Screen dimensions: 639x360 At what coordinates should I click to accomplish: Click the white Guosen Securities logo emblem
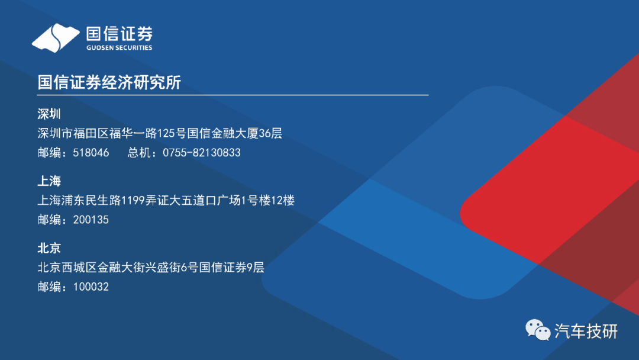coord(56,38)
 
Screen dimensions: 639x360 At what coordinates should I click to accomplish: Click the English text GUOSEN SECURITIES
coord(119,48)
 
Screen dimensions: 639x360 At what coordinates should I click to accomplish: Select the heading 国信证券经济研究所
coord(109,82)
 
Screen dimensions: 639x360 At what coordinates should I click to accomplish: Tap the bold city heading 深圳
coord(49,114)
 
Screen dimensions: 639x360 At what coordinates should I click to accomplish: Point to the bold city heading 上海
coord(49,181)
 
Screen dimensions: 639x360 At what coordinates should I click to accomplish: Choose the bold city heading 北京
coord(49,248)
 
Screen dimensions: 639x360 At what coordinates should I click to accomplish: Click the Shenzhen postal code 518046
coord(91,153)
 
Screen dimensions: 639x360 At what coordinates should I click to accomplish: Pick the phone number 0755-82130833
coord(202,153)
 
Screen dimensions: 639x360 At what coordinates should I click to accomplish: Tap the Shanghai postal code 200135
coord(91,220)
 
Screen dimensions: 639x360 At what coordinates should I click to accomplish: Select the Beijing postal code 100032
coord(91,287)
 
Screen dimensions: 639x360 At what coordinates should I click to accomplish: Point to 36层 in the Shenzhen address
coord(270,133)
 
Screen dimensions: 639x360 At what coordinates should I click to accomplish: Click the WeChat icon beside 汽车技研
coord(538,330)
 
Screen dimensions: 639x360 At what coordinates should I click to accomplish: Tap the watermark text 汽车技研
coord(586,331)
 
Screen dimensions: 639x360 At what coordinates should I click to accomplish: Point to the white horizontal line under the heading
coord(233,95)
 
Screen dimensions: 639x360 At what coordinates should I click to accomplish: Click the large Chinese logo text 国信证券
coord(119,33)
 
